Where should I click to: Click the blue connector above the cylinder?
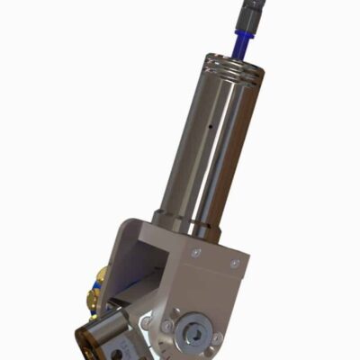point(245,40)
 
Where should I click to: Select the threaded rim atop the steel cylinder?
point(235,67)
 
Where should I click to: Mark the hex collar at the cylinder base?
point(185,222)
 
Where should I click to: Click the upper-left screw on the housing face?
point(195,255)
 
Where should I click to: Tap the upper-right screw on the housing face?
point(235,264)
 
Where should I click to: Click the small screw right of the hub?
point(215,338)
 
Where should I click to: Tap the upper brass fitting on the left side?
point(101,275)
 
